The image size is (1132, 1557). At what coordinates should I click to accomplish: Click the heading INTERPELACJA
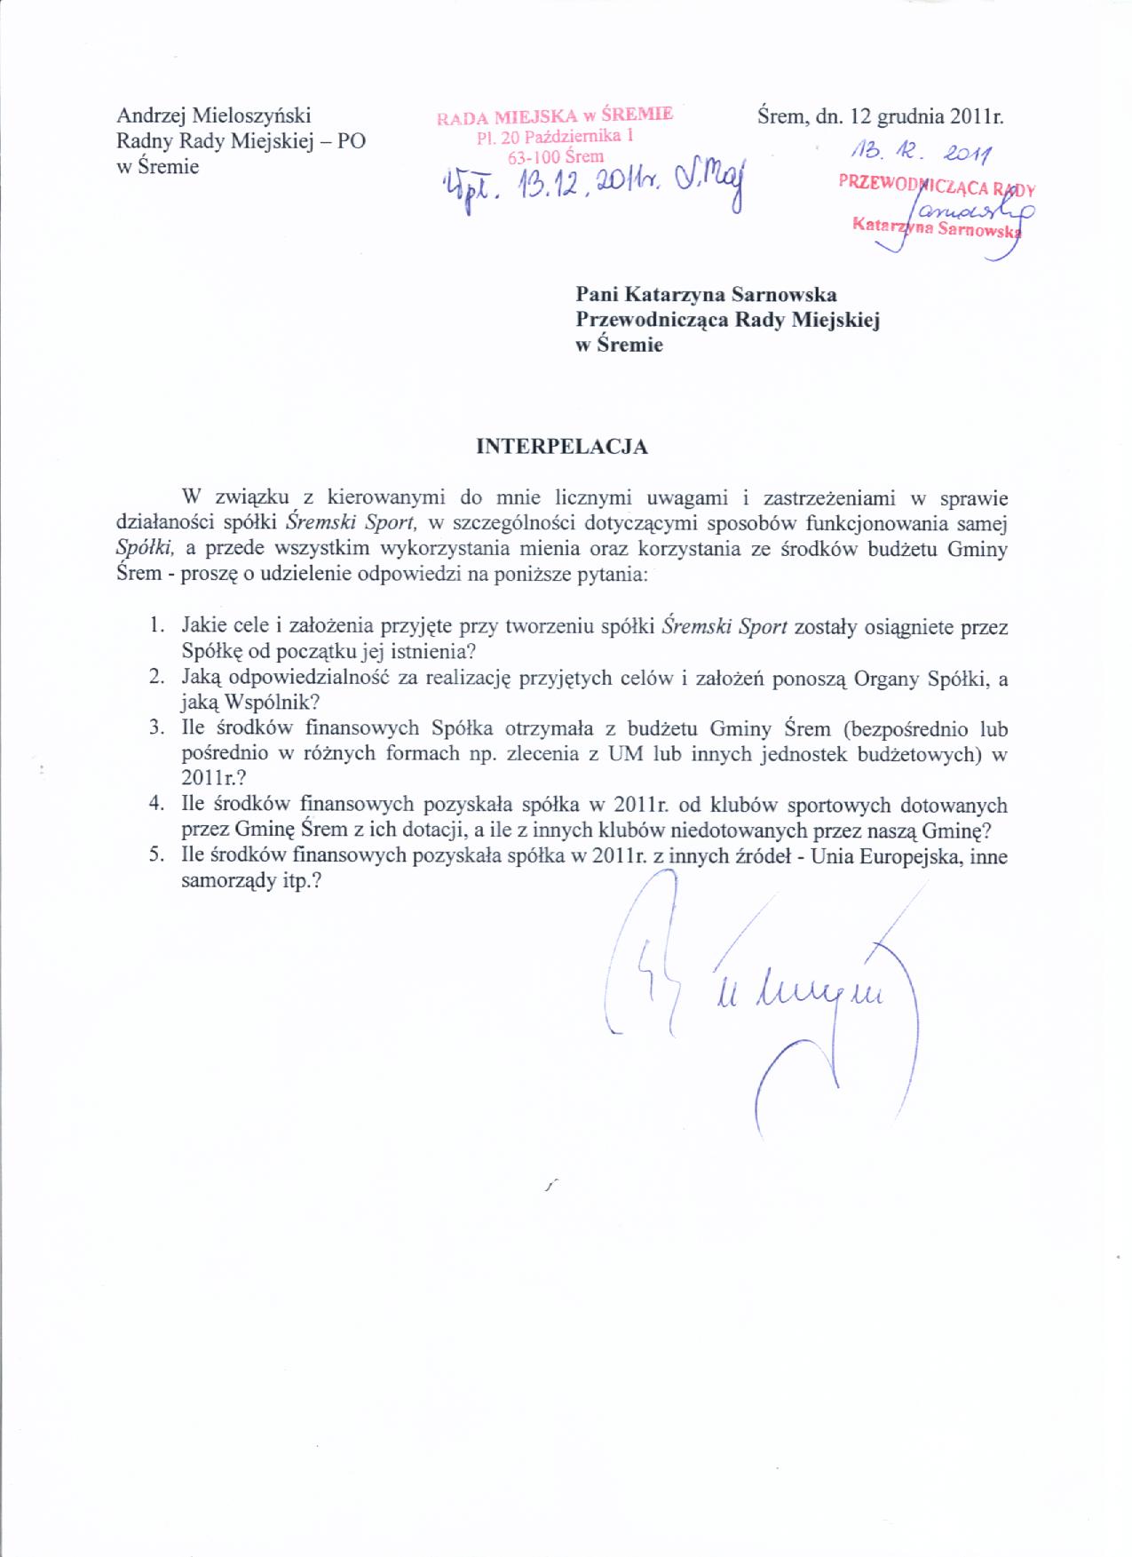(562, 447)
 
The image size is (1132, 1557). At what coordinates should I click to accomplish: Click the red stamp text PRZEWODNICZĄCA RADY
(937, 187)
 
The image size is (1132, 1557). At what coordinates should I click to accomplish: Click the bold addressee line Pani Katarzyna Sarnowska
(706, 294)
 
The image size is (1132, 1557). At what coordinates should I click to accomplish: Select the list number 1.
(156, 625)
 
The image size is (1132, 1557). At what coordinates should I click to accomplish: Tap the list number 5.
(156, 858)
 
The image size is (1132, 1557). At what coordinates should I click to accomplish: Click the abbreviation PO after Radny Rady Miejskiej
(351, 141)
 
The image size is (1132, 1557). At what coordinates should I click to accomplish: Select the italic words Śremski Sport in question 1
(725, 626)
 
